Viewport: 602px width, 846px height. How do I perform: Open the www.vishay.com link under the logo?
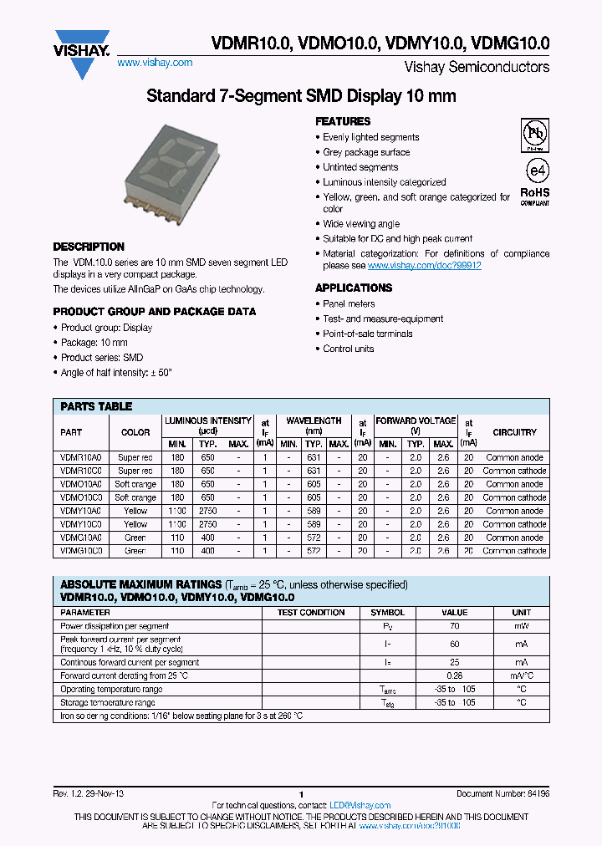click(x=155, y=63)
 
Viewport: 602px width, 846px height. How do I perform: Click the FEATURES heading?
click(x=343, y=121)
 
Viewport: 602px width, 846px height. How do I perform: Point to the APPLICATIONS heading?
click(x=354, y=288)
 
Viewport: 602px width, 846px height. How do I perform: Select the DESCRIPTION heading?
click(x=89, y=247)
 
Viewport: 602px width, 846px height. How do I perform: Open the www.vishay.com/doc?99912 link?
click(x=424, y=265)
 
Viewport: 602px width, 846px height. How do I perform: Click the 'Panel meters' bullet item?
click(x=349, y=303)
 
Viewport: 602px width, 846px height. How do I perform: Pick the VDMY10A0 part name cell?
click(x=81, y=511)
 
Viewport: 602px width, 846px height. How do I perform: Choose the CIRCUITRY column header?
click(x=514, y=432)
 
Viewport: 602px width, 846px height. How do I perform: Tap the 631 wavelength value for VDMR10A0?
click(x=314, y=457)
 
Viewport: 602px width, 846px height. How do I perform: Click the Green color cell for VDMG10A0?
click(x=135, y=538)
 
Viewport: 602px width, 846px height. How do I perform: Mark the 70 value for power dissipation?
click(x=454, y=625)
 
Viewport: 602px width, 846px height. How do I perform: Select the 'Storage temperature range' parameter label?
click(x=107, y=702)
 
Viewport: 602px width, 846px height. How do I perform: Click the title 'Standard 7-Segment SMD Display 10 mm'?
click(x=301, y=95)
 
